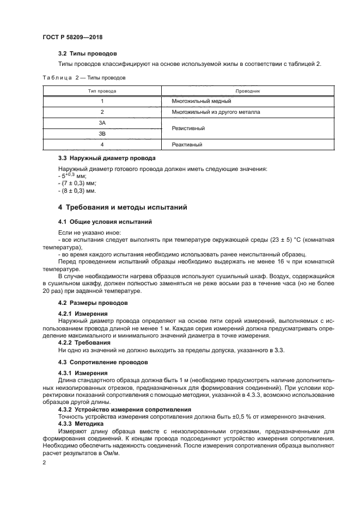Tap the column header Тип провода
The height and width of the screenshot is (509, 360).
coord(102,91)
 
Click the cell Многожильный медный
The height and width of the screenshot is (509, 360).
coord(202,101)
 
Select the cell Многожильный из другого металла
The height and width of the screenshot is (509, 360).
coord(216,112)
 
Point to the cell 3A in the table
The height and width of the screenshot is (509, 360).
coord(102,123)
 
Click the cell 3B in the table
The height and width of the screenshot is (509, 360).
coord(102,133)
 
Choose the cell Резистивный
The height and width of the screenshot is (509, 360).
coord(188,128)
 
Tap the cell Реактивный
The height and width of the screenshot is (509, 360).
coord(187,145)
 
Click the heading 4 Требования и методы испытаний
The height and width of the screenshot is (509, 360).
coord(123,207)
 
